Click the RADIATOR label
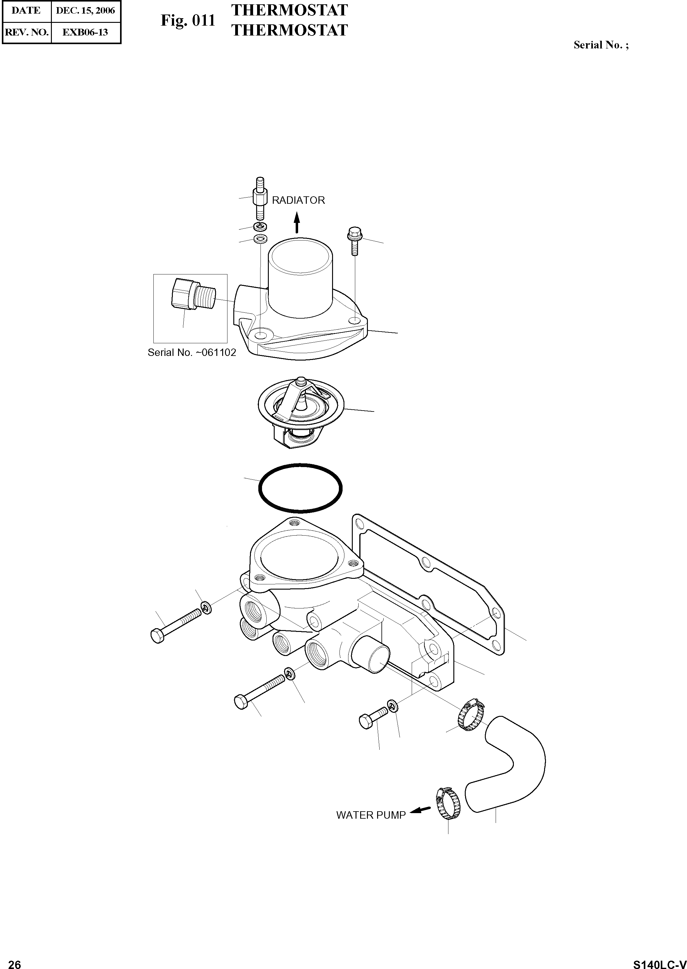pyautogui.click(x=298, y=200)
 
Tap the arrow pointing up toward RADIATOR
pyautogui.click(x=297, y=223)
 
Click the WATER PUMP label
pyautogui.click(x=371, y=815)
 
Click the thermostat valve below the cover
pyautogui.click(x=301, y=411)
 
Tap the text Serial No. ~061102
pyautogui.click(x=192, y=353)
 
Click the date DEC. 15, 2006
pyautogui.click(x=85, y=10)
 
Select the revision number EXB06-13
pyautogui.click(x=85, y=32)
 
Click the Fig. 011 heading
pyautogui.click(x=188, y=20)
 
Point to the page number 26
pyautogui.click(x=15, y=961)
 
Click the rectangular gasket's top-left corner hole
pyautogui.click(x=360, y=524)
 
